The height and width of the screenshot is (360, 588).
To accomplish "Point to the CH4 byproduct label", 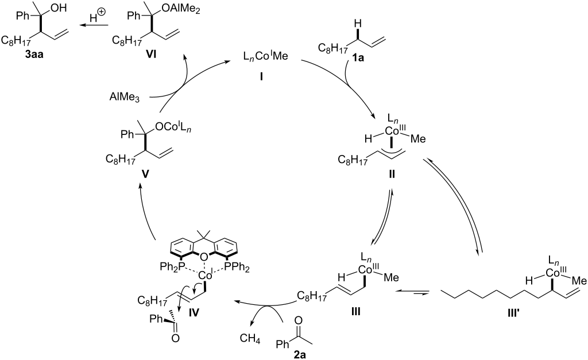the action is (250, 339).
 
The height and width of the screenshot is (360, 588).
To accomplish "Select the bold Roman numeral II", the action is (392, 175).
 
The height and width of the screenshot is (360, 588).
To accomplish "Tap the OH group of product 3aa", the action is (58, 9).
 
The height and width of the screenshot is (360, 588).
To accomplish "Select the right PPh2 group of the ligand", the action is (236, 268).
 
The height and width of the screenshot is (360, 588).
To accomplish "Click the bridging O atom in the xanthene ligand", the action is (204, 257).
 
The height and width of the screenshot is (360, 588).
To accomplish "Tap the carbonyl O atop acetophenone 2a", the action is (299, 320).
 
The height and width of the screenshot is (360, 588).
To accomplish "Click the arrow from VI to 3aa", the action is (94, 25).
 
